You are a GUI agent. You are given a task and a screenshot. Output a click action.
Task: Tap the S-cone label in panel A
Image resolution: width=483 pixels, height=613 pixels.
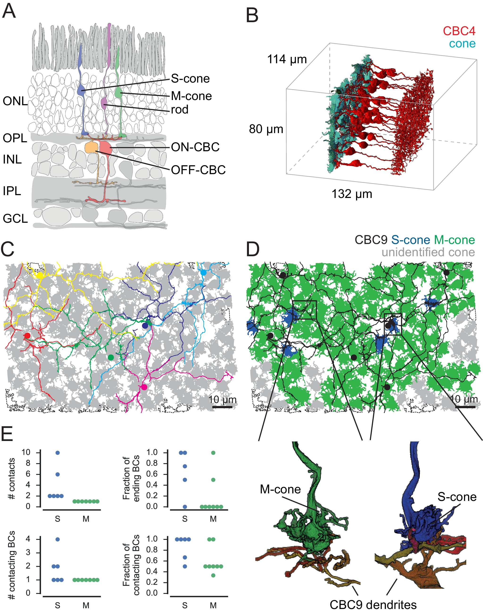190,79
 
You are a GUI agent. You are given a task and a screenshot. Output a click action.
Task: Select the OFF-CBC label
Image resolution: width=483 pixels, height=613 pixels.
198,170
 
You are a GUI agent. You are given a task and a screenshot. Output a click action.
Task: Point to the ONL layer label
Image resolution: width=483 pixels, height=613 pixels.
15,101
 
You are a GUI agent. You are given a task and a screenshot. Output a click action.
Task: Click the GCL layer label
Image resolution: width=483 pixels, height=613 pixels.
15,218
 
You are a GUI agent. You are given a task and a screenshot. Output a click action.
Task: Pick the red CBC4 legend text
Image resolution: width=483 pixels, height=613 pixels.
459,31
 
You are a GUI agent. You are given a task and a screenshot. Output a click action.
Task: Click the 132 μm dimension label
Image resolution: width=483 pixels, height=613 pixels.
352,194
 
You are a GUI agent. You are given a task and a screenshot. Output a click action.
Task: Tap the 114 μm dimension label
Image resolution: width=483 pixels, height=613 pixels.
287,60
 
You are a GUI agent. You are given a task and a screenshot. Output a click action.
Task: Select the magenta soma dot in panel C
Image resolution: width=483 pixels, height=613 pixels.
144,387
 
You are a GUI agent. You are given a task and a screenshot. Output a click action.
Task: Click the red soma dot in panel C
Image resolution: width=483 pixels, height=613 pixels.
27,336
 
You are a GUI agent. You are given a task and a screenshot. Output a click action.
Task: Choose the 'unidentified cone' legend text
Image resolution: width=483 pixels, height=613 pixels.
428,252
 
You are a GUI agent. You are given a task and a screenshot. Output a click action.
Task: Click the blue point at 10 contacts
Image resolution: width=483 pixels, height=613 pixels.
58,453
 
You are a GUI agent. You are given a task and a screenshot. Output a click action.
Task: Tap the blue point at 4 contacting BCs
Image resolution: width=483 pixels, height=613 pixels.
58,539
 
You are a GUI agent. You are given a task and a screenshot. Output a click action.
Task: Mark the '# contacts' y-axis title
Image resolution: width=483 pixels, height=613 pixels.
12,479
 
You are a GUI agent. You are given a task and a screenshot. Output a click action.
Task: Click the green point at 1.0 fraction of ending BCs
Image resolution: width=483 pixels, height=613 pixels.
213,453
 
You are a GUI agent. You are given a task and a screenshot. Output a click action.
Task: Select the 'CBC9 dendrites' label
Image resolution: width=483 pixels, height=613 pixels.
373,605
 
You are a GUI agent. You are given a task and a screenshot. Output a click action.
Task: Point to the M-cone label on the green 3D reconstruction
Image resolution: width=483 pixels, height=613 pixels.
280,489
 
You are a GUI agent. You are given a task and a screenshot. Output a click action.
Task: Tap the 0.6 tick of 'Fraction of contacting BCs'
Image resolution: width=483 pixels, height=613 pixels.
152,561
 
